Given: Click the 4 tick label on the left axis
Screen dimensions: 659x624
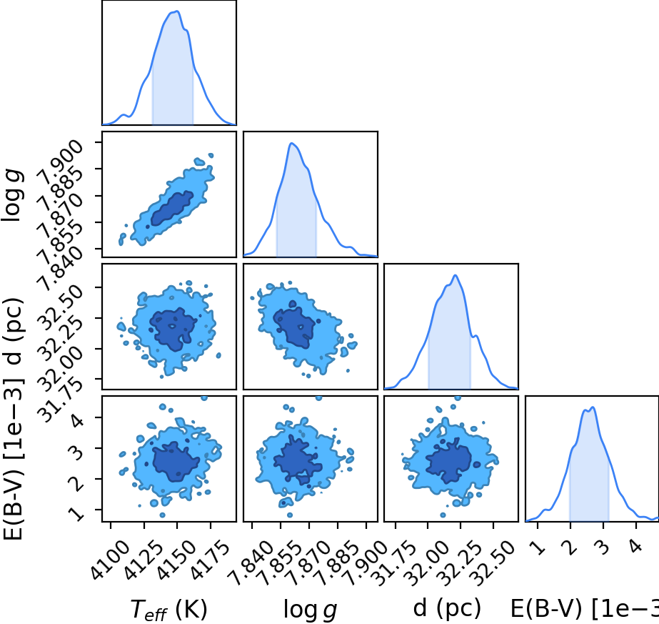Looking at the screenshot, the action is (77, 419).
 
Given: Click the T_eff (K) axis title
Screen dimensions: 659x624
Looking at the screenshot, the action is (169, 609).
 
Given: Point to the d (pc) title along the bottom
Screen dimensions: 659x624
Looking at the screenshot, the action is (447, 608).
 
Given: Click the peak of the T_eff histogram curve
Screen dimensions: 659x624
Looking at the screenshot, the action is (178, 11).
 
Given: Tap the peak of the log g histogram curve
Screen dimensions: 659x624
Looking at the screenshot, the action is (292, 143).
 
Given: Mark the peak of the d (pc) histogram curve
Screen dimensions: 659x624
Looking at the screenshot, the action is (456, 275).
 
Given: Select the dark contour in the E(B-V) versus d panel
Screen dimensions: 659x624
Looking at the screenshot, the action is (449, 461).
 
